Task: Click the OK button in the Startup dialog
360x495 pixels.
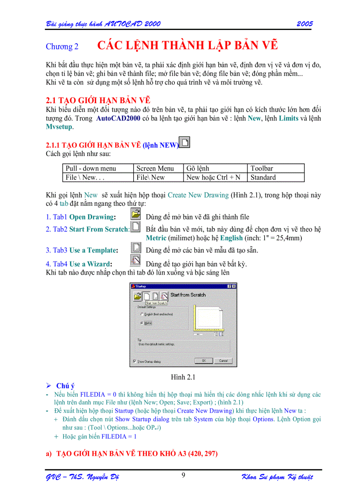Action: pos(204,361)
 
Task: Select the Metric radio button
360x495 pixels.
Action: pos(142,323)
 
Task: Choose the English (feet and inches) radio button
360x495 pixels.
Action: pos(142,314)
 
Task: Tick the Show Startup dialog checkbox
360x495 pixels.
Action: pos(135,361)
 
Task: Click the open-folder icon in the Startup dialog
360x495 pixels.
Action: pos(137,296)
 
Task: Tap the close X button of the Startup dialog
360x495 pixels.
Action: pos(233,286)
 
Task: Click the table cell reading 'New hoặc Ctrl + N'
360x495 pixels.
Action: pos(214,178)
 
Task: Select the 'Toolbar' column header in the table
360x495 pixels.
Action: pos(262,168)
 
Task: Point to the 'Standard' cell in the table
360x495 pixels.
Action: pos(263,178)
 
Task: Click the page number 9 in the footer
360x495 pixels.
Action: pos(183,475)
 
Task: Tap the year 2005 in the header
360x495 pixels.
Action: pos(304,24)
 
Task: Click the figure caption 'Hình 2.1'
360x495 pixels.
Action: pos(183,377)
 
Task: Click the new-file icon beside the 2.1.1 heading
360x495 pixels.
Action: pos(185,143)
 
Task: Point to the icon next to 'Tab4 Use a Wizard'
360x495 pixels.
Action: pos(136,261)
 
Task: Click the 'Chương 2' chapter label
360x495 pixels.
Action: pos(62,47)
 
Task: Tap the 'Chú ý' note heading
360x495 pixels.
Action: pos(65,386)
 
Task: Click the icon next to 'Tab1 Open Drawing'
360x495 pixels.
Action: pos(136,214)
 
